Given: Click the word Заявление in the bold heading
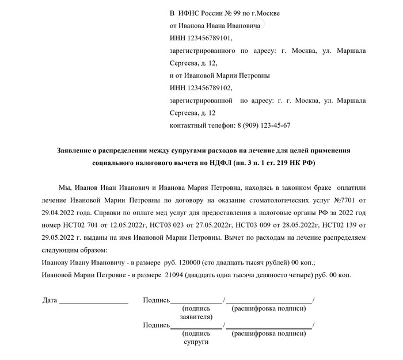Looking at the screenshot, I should click(x=76, y=151).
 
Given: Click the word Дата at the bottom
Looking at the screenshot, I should click(x=50, y=300).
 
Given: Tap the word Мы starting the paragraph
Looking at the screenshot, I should click(x=65, y=188).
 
